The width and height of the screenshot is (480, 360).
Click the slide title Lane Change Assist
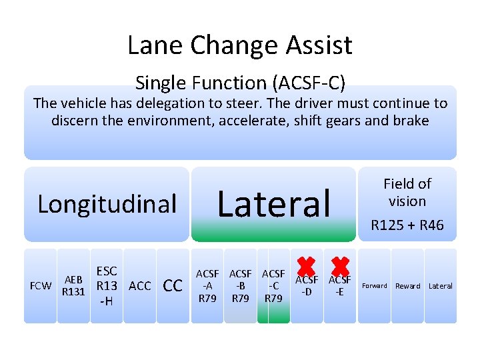[240, 45]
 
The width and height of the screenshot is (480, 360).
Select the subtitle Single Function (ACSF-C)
[240, 83]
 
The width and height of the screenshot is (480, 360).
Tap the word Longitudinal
[107, 204]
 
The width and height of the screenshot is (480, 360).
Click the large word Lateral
[274, 204]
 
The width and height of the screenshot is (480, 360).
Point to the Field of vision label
[407, 192]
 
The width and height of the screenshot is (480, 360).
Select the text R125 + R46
[407, 226]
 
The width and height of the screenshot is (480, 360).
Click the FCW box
[41, 286]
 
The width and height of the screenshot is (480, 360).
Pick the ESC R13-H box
[107, 286]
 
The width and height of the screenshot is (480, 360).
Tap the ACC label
[139, 286]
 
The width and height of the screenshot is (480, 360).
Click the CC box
[173, 286]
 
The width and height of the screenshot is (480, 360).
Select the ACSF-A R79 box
[207, 286]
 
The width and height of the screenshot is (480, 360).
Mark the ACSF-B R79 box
[240, 286]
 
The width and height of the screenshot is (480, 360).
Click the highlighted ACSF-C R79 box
[273, 286]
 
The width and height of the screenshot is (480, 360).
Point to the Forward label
[374, 286]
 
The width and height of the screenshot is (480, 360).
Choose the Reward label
[407, 286]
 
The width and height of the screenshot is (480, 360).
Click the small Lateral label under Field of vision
[440, 286]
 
